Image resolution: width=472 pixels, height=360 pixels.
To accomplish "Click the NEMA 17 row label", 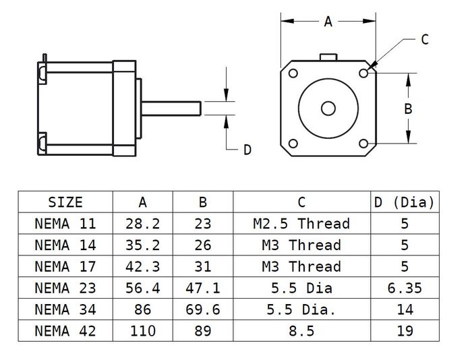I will tap(65, 266).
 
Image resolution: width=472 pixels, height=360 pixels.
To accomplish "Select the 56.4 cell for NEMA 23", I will tap(142, 288).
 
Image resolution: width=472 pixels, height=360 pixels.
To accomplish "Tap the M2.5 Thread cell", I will tap(301, 223).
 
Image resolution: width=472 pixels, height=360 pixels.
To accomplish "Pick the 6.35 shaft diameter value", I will tap(405, 288).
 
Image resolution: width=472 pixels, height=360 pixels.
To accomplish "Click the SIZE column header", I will tap(65, 202).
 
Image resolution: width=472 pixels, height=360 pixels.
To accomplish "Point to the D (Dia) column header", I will tap(405, 202).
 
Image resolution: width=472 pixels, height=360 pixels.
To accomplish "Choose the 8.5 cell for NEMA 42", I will tap(301, 331).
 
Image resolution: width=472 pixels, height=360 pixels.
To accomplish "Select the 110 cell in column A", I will tap(142, 331).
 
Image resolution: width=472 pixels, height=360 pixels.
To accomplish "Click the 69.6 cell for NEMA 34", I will tap(202, 309).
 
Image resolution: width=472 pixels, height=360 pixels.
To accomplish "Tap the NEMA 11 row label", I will tap(65, 223).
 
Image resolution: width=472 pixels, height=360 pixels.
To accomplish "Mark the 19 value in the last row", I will tap(405, 331).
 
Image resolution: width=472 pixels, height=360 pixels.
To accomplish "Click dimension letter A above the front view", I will tap(328, 22).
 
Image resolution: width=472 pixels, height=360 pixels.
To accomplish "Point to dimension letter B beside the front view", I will tap(408, 108).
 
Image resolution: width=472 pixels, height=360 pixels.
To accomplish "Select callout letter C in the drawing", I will tap(425, 40).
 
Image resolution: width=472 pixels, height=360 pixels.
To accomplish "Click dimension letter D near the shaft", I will tap(247, 150).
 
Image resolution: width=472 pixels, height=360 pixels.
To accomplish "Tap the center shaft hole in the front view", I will tap(328, 108).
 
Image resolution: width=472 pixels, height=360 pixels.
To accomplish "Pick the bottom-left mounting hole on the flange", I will tap(293, 144).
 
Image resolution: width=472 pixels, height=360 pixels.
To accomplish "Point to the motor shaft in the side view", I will tap(172, 108).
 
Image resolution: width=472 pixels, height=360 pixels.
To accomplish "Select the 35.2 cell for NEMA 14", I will tap(142, 245).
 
